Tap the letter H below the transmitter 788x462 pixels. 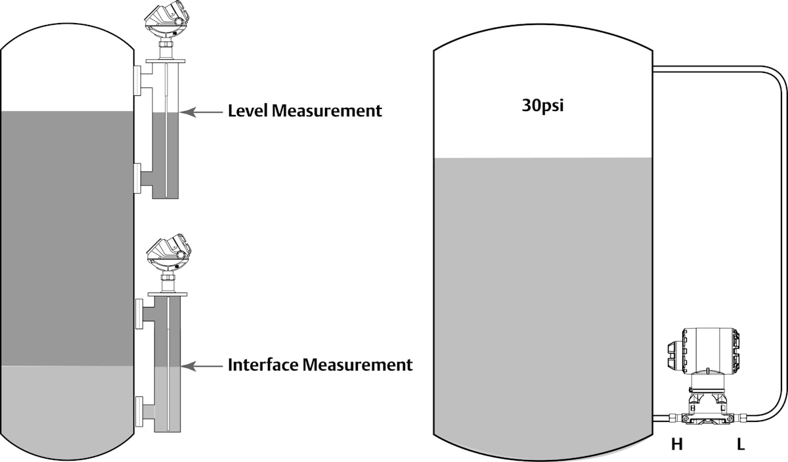[x=676, y=445]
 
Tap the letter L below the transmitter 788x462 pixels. [x=741, y=445]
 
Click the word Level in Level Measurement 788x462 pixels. [x=248, y=110]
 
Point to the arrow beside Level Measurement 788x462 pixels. [x=202, y=112]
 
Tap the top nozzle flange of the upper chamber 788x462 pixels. [x=137, y=81]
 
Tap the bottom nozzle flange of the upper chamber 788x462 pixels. [x=137, y=179]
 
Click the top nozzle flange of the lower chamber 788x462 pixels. [x=139, y=313]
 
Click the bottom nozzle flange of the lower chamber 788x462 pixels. [x=139, y=412]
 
